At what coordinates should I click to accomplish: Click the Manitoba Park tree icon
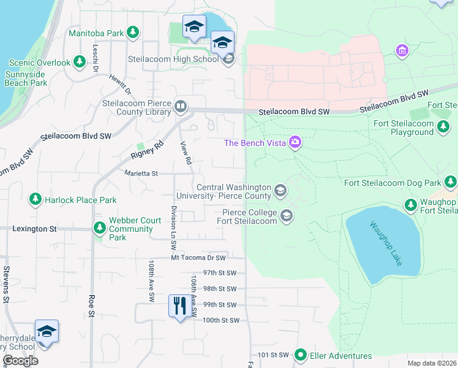[132, 33]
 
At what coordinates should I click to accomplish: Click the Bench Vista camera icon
[295, 142]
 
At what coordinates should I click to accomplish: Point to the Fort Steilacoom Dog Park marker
[451, 182]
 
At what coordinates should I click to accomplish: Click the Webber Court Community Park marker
[99, 229]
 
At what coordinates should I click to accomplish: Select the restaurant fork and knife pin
[179, 305]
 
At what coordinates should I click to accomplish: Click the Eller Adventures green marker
[300, 355]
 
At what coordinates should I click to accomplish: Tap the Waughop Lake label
[384, 242]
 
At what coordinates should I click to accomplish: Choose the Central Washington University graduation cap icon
[280, 191]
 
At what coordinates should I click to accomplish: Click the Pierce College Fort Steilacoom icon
[286, 215]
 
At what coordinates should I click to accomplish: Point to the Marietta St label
[141, 174]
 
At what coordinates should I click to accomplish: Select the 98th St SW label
[220, 288]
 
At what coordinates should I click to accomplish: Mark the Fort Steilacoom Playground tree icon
[443, 127]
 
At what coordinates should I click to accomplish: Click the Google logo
[21, 361]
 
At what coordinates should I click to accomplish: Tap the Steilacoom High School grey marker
[228, 59]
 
